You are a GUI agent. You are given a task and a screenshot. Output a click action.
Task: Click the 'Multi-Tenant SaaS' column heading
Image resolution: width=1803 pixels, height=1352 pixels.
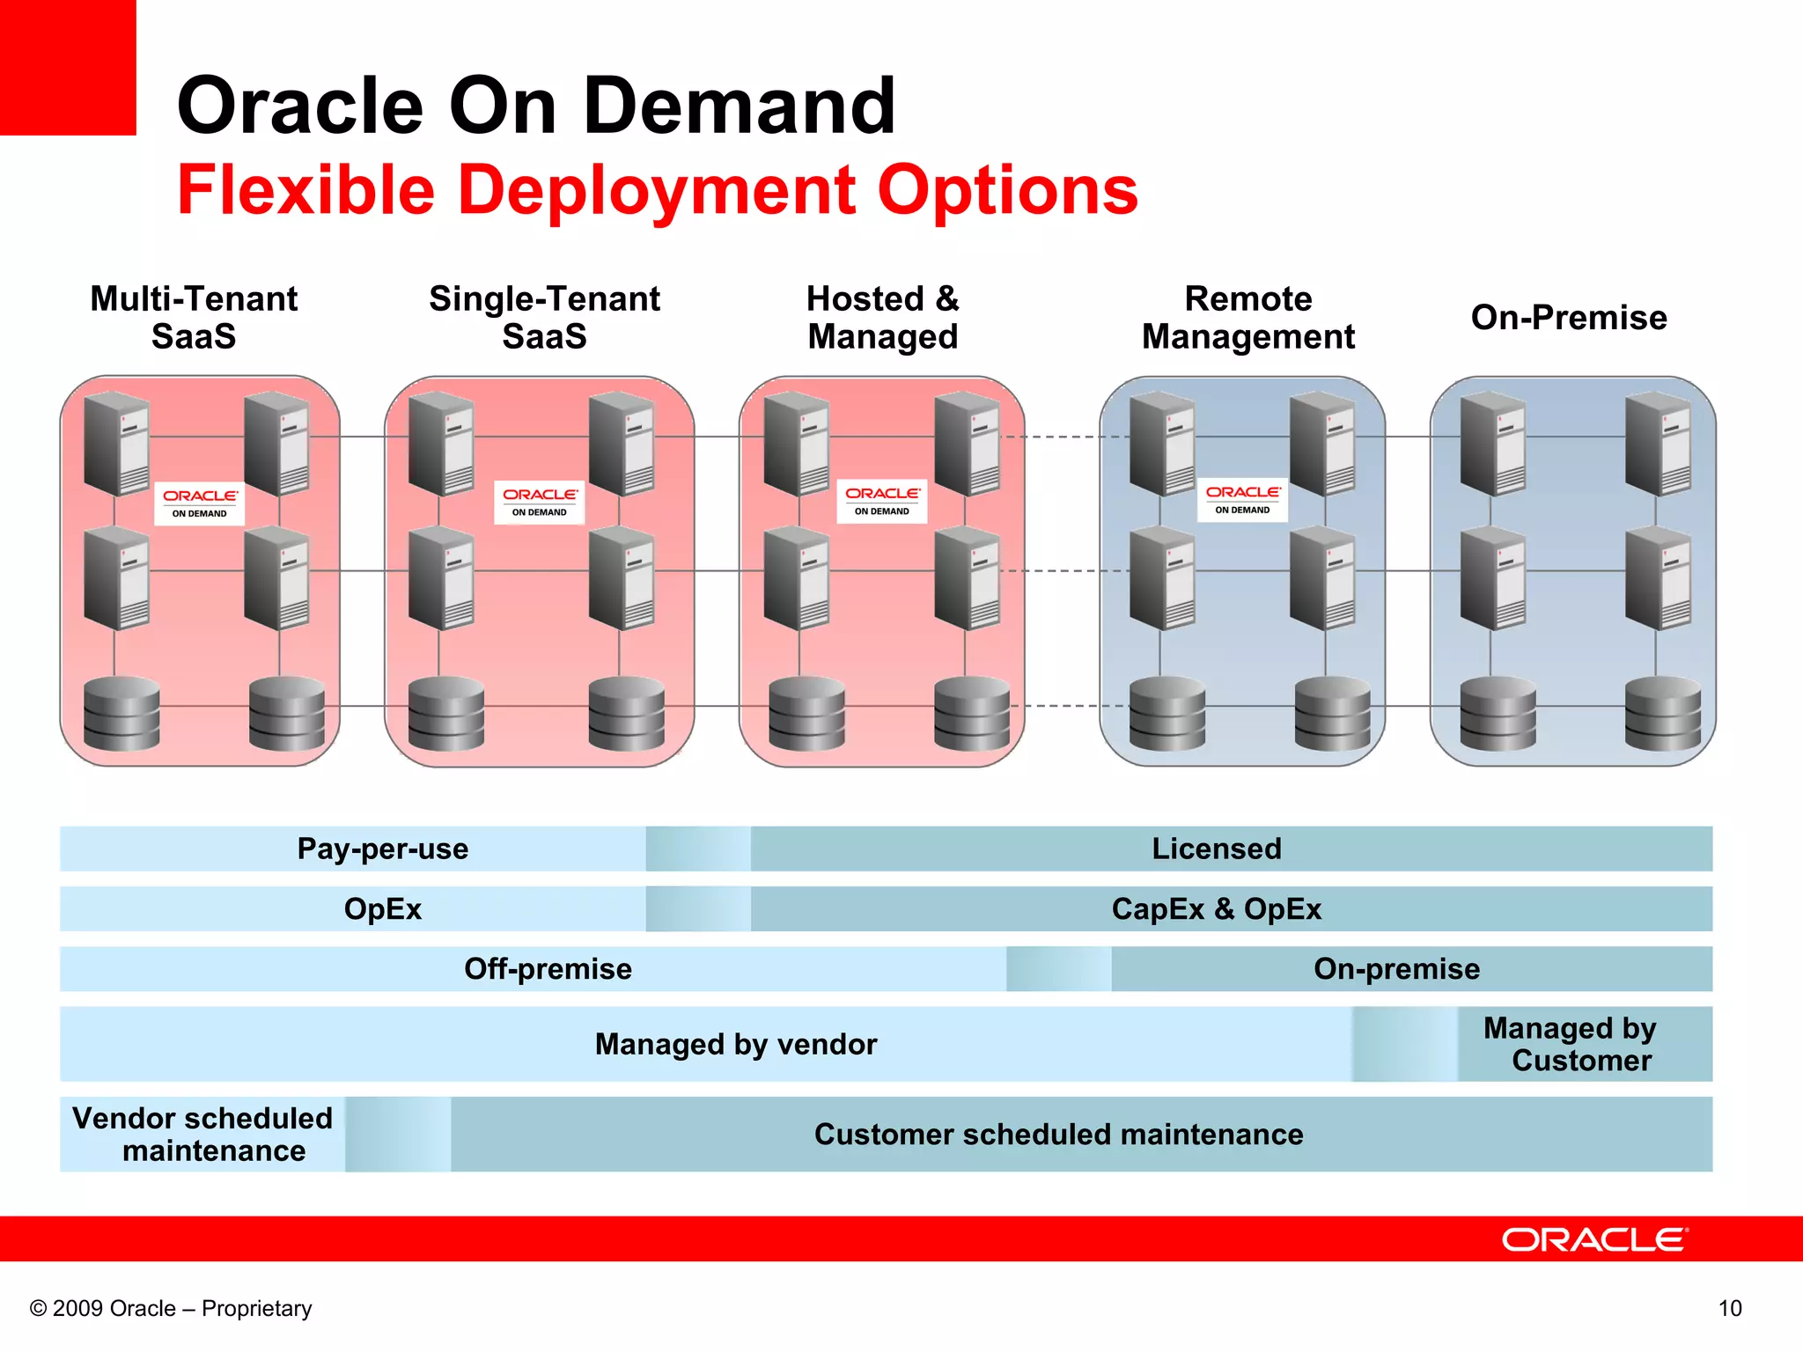(x=194, y=318)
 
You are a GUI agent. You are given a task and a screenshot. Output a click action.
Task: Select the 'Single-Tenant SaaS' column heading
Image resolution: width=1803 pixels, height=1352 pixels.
(x=544, y=318)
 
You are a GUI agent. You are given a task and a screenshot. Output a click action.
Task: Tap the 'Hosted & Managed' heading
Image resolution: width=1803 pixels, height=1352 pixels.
(x=882, y=318)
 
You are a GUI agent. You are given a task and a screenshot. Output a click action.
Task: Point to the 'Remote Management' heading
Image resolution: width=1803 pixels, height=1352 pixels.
(x=1247, y=318)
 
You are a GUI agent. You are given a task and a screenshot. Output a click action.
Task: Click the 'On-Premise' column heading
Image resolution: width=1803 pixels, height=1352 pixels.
(x=1569, y=318)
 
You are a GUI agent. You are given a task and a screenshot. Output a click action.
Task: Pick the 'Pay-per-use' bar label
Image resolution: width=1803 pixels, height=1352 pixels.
(x=382, y=849)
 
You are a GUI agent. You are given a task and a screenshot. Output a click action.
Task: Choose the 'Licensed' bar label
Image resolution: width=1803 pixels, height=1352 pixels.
(x=1217, y=849)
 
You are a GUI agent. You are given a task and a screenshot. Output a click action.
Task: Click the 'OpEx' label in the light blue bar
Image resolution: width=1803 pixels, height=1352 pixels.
(x=382, y=908)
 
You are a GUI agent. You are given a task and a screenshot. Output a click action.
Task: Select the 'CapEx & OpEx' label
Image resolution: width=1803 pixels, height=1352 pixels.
(x=1217, y=908)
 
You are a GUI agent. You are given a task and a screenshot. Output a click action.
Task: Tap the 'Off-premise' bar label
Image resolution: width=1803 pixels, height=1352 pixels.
(x=548, y=968)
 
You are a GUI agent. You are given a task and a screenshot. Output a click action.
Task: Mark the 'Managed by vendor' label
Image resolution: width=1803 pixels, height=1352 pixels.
(x=736, y=1044)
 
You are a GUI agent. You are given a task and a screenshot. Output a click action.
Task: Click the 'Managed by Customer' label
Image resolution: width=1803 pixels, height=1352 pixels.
(x=1571, y=1044)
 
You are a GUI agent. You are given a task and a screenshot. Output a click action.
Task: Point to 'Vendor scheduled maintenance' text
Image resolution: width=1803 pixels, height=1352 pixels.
(x=202, y=1134)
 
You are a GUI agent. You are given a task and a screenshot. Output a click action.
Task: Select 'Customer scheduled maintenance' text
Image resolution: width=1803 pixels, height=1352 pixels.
(x=1058, y=1134)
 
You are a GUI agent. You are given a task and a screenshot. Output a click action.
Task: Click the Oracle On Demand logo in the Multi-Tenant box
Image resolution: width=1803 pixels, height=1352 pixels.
(x=199, y=503)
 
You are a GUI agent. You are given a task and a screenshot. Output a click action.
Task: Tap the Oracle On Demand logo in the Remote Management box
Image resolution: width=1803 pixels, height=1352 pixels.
(x=1242, y=500)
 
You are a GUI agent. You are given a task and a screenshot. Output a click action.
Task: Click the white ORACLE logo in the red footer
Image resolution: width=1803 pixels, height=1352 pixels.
(x=1593, y=1239)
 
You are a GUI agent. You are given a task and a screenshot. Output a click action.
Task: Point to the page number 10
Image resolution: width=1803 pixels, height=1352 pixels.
(x=1730, y=1308)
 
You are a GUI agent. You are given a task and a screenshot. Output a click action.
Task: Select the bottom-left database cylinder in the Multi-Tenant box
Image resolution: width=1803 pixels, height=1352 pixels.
(x=121, y=713)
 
